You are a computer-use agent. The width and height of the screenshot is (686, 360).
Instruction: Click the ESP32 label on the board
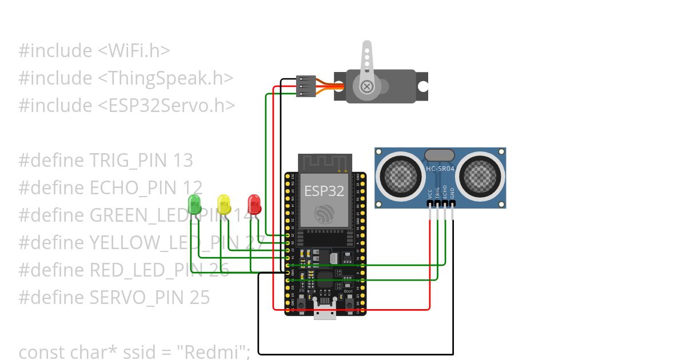[324, 191]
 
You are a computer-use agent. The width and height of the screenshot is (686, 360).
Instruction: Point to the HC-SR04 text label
[440, 169]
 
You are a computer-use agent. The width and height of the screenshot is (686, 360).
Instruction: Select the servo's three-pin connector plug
[306, 86]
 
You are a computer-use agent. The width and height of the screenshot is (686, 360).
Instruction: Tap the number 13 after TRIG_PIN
[182, 161]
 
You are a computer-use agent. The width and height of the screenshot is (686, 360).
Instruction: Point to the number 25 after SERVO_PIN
[199, 298]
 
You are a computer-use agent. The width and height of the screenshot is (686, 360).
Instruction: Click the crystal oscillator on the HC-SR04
[439, 154]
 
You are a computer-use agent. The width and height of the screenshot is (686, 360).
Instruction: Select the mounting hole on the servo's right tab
[422, 86]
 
